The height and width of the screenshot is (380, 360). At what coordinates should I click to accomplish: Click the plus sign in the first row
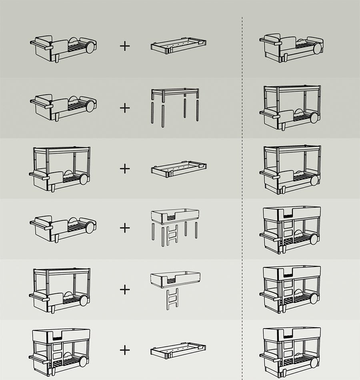pyautogui.click(x=125, y=46)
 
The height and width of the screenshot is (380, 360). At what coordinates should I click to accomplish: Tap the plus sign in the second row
pyautogui.click(x=125, y=108)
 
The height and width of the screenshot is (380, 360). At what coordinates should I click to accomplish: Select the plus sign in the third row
pyautogui.click(x=125, y=168)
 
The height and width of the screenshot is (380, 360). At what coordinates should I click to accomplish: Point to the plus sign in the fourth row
pyautogui.click(x=125, y=228)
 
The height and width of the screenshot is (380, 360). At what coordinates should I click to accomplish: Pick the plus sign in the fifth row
pyautogui.click(x=125, y=289)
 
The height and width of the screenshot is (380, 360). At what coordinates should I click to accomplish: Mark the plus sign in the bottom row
pyautogui.click(x=125, y=350)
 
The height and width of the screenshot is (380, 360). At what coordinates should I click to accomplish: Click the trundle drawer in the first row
pyautogui.click(x=178, y=46)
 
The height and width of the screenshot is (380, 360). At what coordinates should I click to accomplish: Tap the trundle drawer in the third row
pyautogui.click(x=179, y=169)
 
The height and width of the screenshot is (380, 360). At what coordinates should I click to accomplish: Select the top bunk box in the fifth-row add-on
pyautogui.click(x=175, y=278)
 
